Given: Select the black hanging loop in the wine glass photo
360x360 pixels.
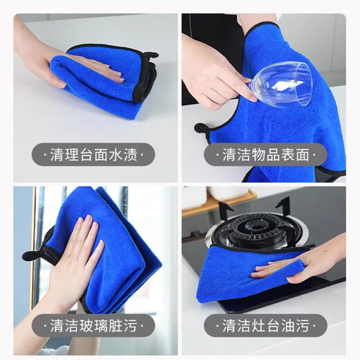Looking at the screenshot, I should pyautogui.click(x=203, y=129).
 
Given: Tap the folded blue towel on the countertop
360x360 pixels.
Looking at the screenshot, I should pyautogui.click(x=104, y=80).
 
